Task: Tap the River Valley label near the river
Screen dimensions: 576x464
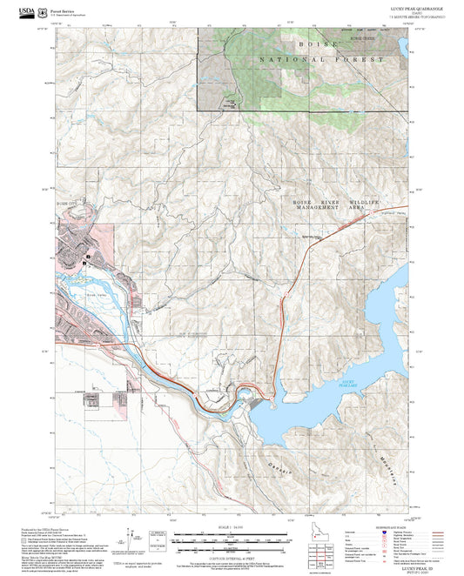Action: [83, 295]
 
